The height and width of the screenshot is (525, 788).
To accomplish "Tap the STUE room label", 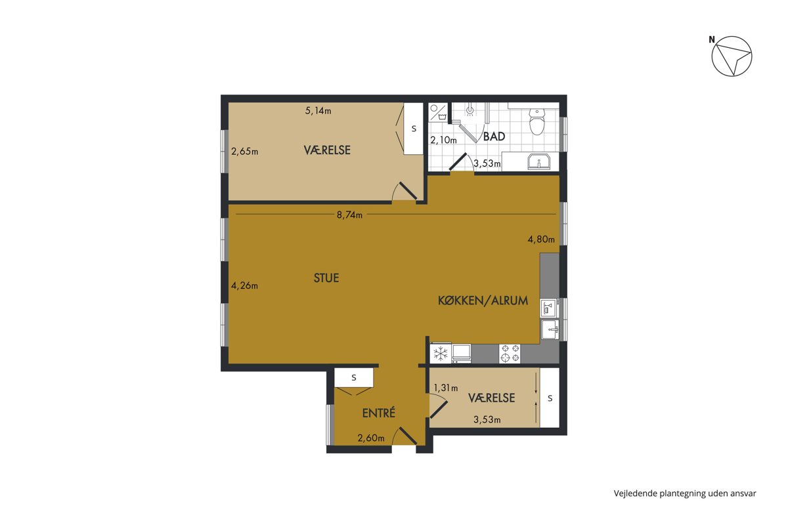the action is tap(326, 278).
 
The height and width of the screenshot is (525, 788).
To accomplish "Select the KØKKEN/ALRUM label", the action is tap(483, 301).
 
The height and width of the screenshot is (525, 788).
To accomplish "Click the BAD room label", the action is tap(494, 136).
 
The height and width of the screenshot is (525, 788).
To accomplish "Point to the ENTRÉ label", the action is tap(378, 413).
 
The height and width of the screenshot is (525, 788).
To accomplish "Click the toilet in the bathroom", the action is tap(537, 121).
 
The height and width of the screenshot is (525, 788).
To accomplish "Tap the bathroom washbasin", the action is tap(538, 162).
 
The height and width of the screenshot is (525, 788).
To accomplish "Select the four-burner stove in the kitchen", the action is tap(510, 354).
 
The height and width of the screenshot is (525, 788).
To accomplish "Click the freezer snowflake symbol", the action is tap(440, 354).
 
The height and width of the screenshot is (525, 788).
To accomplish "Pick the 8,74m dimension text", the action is tap(349, 215).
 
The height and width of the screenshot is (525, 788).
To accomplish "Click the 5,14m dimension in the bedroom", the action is tap(318, 111).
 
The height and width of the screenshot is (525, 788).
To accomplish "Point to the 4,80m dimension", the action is tap(541, 240).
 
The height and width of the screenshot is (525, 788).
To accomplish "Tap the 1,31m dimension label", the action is tap(446, 388).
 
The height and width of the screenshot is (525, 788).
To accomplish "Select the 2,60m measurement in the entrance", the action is tap(371, 438).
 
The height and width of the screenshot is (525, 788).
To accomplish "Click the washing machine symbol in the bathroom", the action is tap(439, 112).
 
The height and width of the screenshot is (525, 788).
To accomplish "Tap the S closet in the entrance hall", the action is tap(353, 377).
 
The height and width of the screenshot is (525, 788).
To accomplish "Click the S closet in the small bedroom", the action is tap(550, 398).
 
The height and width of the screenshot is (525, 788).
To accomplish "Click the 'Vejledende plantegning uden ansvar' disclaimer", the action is tap(685, 493).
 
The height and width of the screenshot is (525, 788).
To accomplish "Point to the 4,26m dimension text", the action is tap(244, 285).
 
